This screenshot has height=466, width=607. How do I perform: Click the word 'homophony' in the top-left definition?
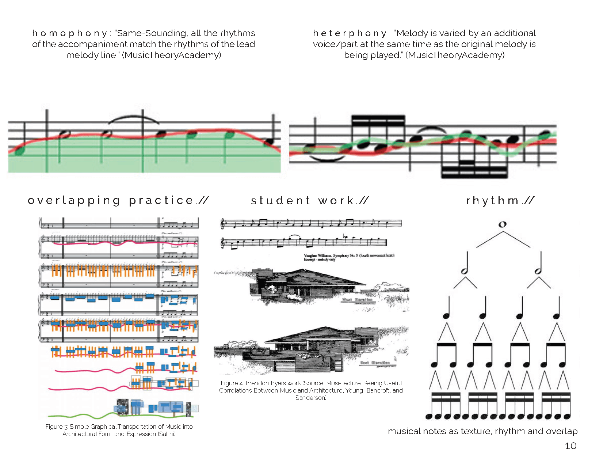[x=69, y=33]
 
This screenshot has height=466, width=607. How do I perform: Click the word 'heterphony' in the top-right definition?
[x=350, y=33]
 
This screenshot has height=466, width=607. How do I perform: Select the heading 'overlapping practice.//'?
[x=118, y=200]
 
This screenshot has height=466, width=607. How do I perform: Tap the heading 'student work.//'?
[x=310, y=200]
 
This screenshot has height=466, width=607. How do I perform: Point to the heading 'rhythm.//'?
[x=500, y=200]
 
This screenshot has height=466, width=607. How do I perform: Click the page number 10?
[x=570, y=446]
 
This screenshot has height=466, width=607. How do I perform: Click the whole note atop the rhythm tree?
[x=503, y=224]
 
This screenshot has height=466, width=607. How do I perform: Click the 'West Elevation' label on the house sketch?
[x=357, y=300]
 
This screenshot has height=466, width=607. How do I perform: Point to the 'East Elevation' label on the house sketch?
[x=375, y=363]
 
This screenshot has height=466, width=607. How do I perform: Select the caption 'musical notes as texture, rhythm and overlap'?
[x=482, y=431]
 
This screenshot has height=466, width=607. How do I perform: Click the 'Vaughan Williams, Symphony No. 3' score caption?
[x=349, y=255]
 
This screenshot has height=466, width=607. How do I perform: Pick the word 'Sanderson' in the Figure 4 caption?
[x=310, y=398]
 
